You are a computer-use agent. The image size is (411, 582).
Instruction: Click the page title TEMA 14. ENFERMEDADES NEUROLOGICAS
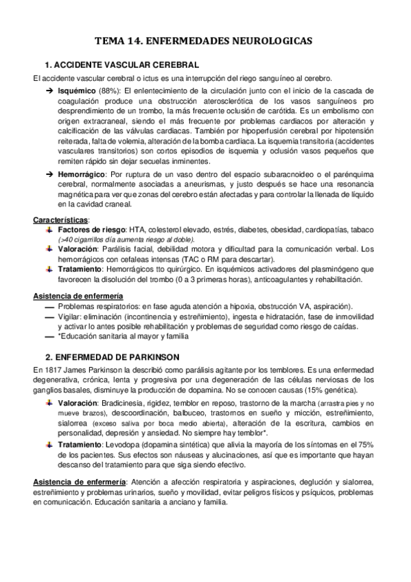206,41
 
